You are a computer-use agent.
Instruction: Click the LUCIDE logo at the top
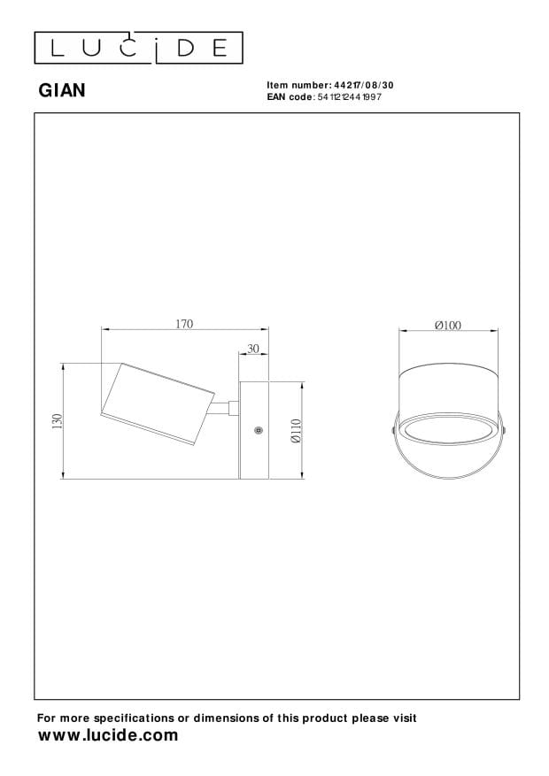(x=139, y=48)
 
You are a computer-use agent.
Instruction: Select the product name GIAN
(x=62, y=90)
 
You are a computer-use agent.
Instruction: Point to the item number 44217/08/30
(x=364, y=85)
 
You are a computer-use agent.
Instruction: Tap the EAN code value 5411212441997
(x=350, y=97)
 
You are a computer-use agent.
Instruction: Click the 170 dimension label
(x=184, y=324)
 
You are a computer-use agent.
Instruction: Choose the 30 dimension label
(x=253, y=349)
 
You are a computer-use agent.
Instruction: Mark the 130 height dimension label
(x=58, y=421)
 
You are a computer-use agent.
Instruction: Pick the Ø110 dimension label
(x=296, y=431)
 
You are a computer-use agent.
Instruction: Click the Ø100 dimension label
(x=448, y=325)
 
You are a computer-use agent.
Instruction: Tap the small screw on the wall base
(x=257, y=430)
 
